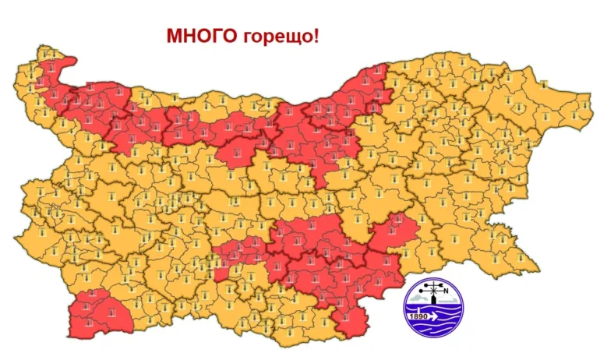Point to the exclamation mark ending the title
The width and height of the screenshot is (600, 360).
(x=315, y=37)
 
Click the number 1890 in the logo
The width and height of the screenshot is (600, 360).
(x=418, y=316)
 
